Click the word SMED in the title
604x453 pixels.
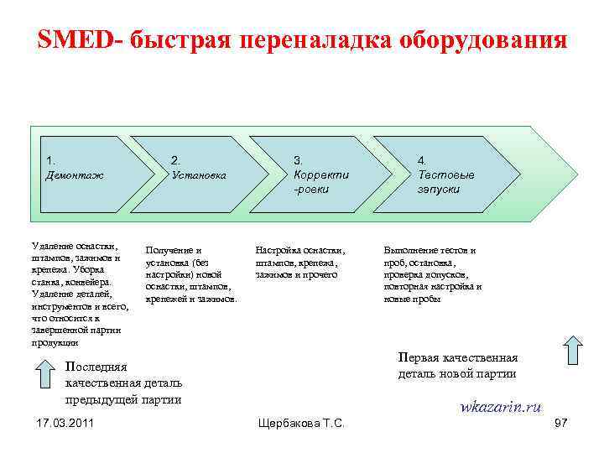77,40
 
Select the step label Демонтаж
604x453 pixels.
75,175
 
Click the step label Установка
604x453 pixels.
199,175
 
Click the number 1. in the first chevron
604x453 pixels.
51,160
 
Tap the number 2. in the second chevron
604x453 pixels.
175,160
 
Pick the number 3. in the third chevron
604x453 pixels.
298,160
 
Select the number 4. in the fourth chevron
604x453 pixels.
422,160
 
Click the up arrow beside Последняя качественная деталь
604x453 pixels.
49,376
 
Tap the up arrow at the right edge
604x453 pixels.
574,350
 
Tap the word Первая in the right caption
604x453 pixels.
418,357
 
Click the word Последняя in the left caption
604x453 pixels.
96,367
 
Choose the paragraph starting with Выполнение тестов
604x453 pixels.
432,274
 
